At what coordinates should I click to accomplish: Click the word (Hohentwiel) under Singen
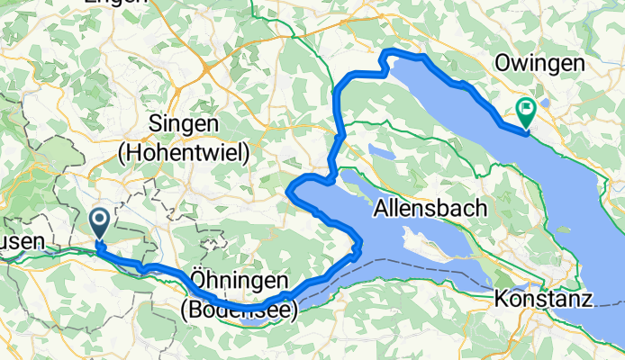coord(183,153)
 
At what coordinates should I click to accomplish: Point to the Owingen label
coord(539,64)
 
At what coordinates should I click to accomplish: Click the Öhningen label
coord(239,277)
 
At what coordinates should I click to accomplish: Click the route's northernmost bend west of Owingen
coord(388,53)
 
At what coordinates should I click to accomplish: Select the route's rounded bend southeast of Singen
coord(291,191)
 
